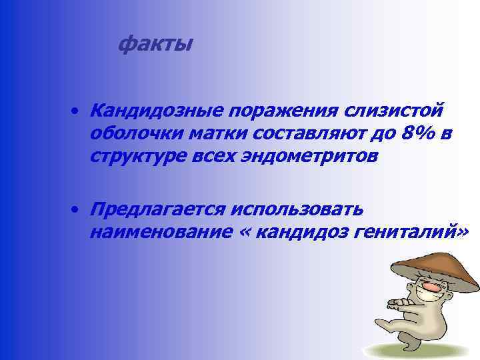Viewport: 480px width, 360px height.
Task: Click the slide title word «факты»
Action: pos(155,45)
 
